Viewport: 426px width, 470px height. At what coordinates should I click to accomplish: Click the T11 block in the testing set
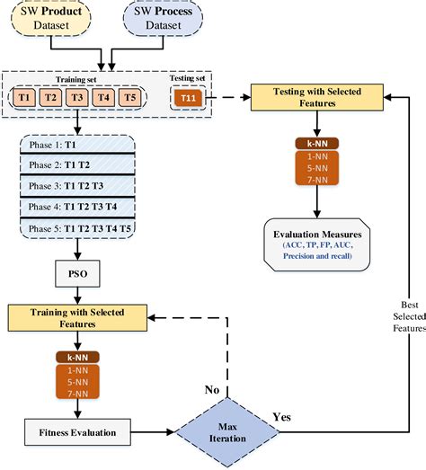(x=186, y=98)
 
